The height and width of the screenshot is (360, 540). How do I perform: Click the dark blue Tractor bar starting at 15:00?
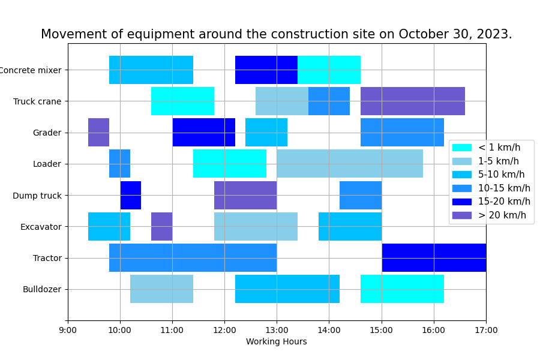click(x=434, y=257)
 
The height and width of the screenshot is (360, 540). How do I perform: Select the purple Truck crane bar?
click(x=412, y=101)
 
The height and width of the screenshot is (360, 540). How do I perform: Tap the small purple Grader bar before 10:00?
click(x=98, y=132)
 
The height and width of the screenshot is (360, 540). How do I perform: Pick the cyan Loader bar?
click(x=230, y=164)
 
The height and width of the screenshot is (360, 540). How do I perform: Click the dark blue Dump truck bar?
click(x=130, y=195)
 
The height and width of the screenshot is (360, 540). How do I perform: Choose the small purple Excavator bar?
click(x=161, y=226)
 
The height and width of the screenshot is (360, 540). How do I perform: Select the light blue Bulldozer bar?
click(x=161, y=289)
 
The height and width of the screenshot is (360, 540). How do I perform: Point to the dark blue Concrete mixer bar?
click(x=266, y=70)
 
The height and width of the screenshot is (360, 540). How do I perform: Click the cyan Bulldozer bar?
click(x=402, y=289)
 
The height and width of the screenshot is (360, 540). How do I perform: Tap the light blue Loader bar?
click(x=350, y=164)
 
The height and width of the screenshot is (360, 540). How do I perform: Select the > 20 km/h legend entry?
click(x=502, y=215)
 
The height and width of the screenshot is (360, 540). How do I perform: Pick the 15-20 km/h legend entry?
click(x=504, y=202)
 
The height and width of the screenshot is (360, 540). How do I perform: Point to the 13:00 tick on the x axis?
click(x=277, y=320)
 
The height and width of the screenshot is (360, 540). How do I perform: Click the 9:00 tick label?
click(x=68, y=330)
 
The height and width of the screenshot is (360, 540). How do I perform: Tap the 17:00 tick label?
click(x=486, y=330)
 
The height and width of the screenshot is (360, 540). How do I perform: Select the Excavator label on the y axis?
click(x=41, y=227)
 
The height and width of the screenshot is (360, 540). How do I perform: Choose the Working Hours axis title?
click(x=277, y=342)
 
